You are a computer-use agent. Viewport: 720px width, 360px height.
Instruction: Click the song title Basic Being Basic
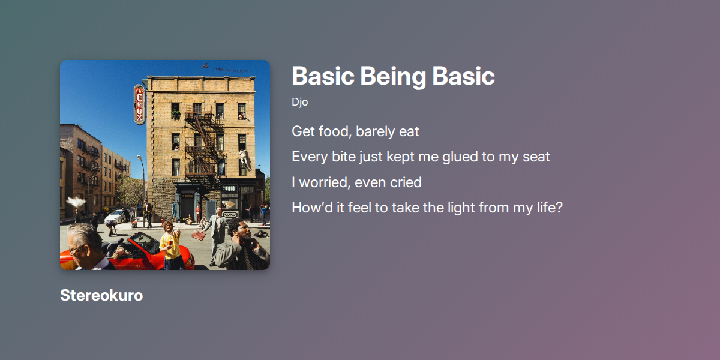point(393,76)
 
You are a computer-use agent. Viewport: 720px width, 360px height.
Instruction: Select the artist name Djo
point(299,102)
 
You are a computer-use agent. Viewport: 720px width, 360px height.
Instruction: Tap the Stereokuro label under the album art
point(101,295)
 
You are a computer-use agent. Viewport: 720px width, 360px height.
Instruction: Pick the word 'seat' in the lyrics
point(536,157)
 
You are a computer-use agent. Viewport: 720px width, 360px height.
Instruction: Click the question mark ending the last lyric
point(559,208)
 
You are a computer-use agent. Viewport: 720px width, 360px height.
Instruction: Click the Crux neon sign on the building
point(139,104)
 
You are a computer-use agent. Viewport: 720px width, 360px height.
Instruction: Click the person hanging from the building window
point(245,158)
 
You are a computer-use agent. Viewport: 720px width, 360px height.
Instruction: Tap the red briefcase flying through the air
point(199,235)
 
